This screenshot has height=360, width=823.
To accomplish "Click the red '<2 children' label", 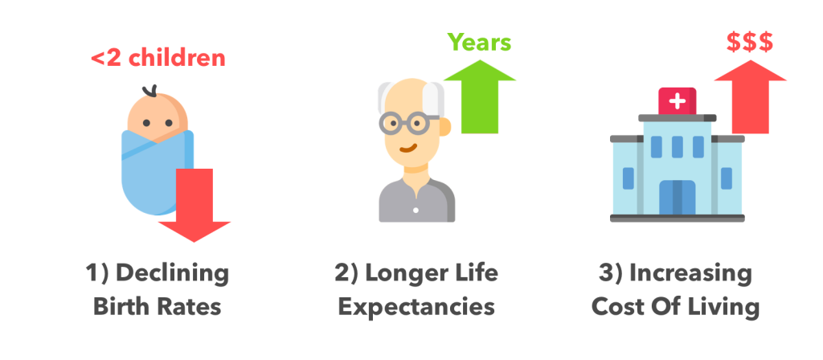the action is pos(158,58).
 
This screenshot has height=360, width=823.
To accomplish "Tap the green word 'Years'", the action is pos(479,43).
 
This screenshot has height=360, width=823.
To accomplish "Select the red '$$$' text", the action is pos(750,43).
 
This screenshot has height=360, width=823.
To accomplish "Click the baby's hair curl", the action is pos(149,91).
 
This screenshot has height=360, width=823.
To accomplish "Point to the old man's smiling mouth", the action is pos(408,148).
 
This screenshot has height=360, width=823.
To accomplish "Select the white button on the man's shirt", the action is pos(416,211).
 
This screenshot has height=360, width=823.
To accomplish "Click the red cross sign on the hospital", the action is pos(677,100).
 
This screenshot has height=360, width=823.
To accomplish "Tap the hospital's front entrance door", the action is pos(677,198).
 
